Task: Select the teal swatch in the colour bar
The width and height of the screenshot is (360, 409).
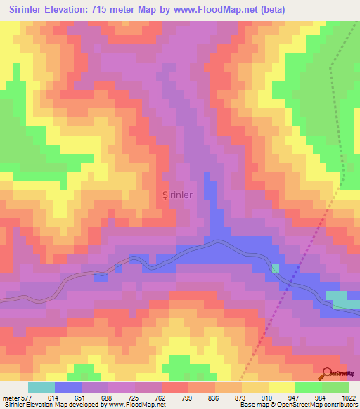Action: tap(41, 387)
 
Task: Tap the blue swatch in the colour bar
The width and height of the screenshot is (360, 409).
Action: tap(68, 387)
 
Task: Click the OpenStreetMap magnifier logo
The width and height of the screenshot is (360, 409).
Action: tap(328, 373)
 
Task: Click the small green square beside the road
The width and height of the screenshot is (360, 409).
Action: tap(276, 268)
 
